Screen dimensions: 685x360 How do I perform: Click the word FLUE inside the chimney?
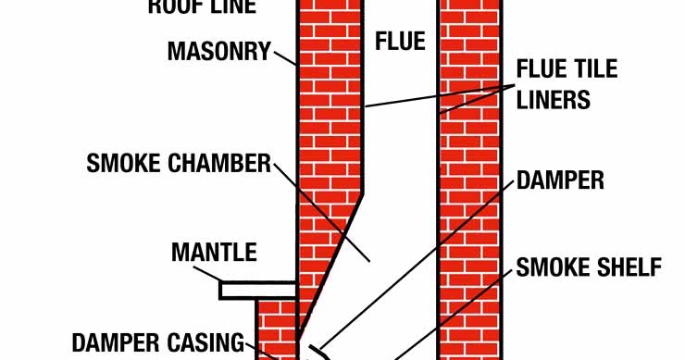[x=400, y=42]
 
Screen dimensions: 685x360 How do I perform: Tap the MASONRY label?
[x=218, y=50]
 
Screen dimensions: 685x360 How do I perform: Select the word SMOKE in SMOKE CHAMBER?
[x=127, y=164]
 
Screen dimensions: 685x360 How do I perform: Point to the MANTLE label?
[x=214, y=253]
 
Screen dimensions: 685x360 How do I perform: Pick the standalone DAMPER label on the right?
[x=560, y=180]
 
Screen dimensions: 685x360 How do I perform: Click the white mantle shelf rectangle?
[x=256, y=290]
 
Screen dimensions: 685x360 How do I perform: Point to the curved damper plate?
[x=318, y=352]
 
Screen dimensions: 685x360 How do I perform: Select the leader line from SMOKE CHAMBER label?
[x=324, y=213]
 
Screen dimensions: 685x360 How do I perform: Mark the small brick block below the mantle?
[x=275, y=329]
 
